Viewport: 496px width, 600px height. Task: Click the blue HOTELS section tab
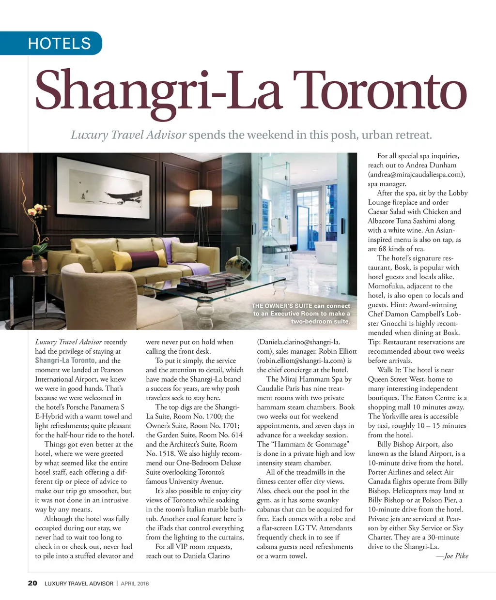click(59, 44)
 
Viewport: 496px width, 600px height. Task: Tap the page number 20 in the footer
click(32, 583)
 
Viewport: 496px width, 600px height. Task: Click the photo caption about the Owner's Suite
click(301, 314)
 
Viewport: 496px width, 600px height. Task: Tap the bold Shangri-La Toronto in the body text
click(65, 360)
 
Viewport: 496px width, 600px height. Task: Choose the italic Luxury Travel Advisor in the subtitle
click(128, 135)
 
